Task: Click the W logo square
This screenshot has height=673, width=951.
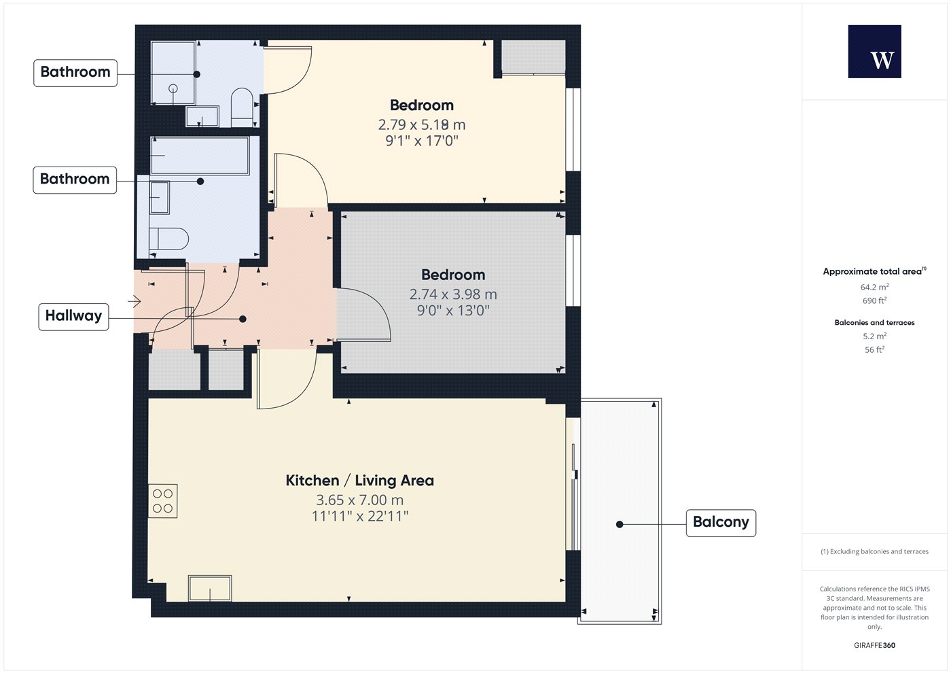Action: [875, 52]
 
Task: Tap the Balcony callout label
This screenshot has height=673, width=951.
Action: [721, 523]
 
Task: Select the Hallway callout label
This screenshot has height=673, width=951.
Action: [73, 317]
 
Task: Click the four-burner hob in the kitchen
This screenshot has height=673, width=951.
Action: [162, 501]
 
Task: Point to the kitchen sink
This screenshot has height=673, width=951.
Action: [210, 588]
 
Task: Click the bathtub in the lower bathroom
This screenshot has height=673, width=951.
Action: [200, 156]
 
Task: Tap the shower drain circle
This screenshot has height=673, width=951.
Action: [173, 88]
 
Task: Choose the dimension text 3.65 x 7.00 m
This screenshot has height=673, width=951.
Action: [359, 500]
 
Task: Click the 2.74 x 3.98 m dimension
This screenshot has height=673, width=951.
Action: [453, 294]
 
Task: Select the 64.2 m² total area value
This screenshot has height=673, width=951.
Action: [875, 287]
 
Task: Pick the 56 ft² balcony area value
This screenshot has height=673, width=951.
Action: [875, 349]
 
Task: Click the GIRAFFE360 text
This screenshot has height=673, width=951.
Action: [875, 645]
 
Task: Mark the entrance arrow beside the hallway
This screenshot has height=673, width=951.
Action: [134, 301]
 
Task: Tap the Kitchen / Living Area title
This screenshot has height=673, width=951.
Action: [359, 481]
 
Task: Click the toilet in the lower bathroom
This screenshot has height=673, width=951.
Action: [168, 239]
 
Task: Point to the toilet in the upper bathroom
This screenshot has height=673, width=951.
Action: [242, 107]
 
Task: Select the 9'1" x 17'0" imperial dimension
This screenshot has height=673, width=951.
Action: [422, 141]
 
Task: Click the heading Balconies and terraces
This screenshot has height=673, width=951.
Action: [875, 322]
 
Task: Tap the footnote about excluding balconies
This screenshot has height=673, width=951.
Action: [875, 551]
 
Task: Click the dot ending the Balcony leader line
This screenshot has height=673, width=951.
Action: [620, 524]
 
